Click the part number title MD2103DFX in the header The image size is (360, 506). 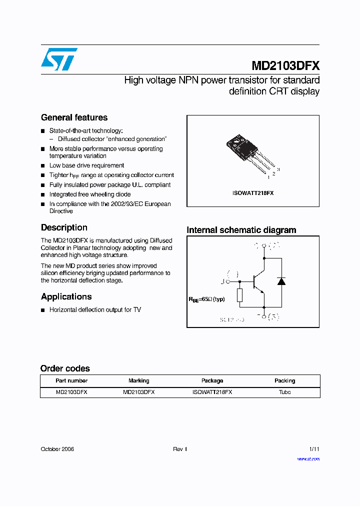click(285, 66)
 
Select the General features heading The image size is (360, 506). click(74, 117)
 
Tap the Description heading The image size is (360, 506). click(64, 227)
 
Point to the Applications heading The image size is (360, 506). click(66, 296)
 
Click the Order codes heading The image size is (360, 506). click(65, 368)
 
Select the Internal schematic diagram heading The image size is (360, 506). click(241, 230)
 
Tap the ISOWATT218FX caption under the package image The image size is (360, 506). click(252, 193)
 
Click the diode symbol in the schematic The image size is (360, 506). click(281, 281)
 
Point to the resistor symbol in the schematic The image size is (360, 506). click(240, 295)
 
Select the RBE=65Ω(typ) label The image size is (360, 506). click(206, 299)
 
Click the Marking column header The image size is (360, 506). click(138, 381)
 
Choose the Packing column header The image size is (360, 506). click(284, 381)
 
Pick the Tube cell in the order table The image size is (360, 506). click(284, 392)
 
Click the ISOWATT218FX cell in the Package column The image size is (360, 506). click(212, 392)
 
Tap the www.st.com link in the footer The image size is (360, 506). click(308, 459)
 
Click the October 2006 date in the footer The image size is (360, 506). click(57, 449)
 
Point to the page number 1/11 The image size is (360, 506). click(314, 449)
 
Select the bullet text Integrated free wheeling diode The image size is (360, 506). click(90, 194)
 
